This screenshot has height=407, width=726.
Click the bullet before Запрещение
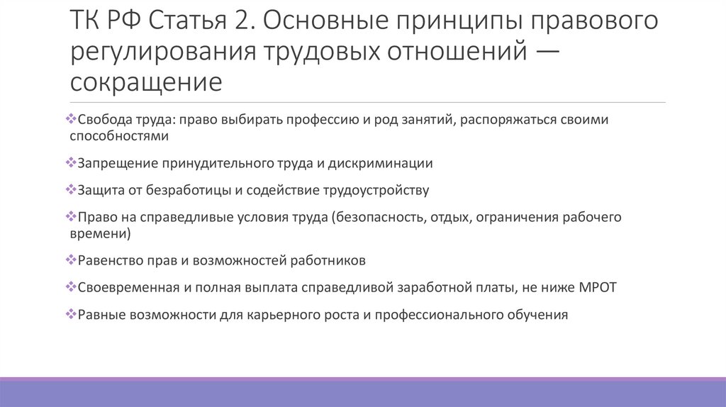(x=70, y=162)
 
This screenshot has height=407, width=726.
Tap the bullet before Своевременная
(x=70, y=286)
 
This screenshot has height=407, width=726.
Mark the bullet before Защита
(x=70, y=190)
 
